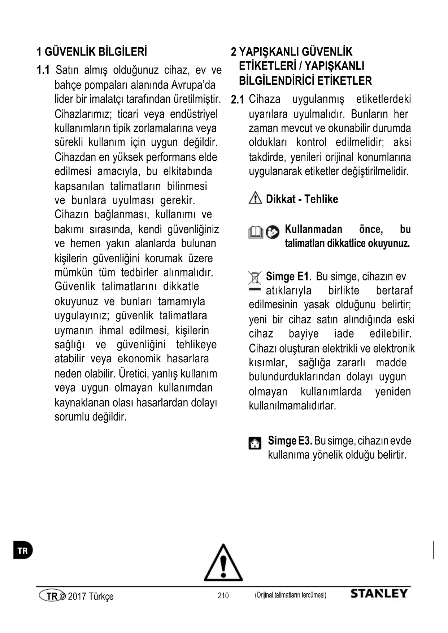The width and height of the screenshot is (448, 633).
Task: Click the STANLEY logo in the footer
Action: click(379, 594)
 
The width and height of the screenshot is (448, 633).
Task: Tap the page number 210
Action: click(223, 595)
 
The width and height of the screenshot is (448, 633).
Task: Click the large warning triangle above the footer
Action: click(223, 563)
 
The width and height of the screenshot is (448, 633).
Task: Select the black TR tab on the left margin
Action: click(23, 550)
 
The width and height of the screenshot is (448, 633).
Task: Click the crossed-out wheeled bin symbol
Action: click(255, 278)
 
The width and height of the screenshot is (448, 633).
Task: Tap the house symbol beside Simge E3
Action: click(255, 443)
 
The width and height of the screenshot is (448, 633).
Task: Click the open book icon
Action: click(256, 232)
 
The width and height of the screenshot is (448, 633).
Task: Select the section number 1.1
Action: click(43, 70)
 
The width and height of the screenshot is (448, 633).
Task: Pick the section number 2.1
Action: click(238, 100)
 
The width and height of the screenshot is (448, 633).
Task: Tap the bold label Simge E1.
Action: click(288, 277)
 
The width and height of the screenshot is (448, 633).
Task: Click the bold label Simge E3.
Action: click(290, 441)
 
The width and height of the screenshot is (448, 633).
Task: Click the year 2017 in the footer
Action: click(77, 596)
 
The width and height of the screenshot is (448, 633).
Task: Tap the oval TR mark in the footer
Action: click(52, 596)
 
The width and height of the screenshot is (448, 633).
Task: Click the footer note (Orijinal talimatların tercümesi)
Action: click(290, 595)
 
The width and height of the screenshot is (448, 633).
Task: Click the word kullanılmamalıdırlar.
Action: click(292, 406)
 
